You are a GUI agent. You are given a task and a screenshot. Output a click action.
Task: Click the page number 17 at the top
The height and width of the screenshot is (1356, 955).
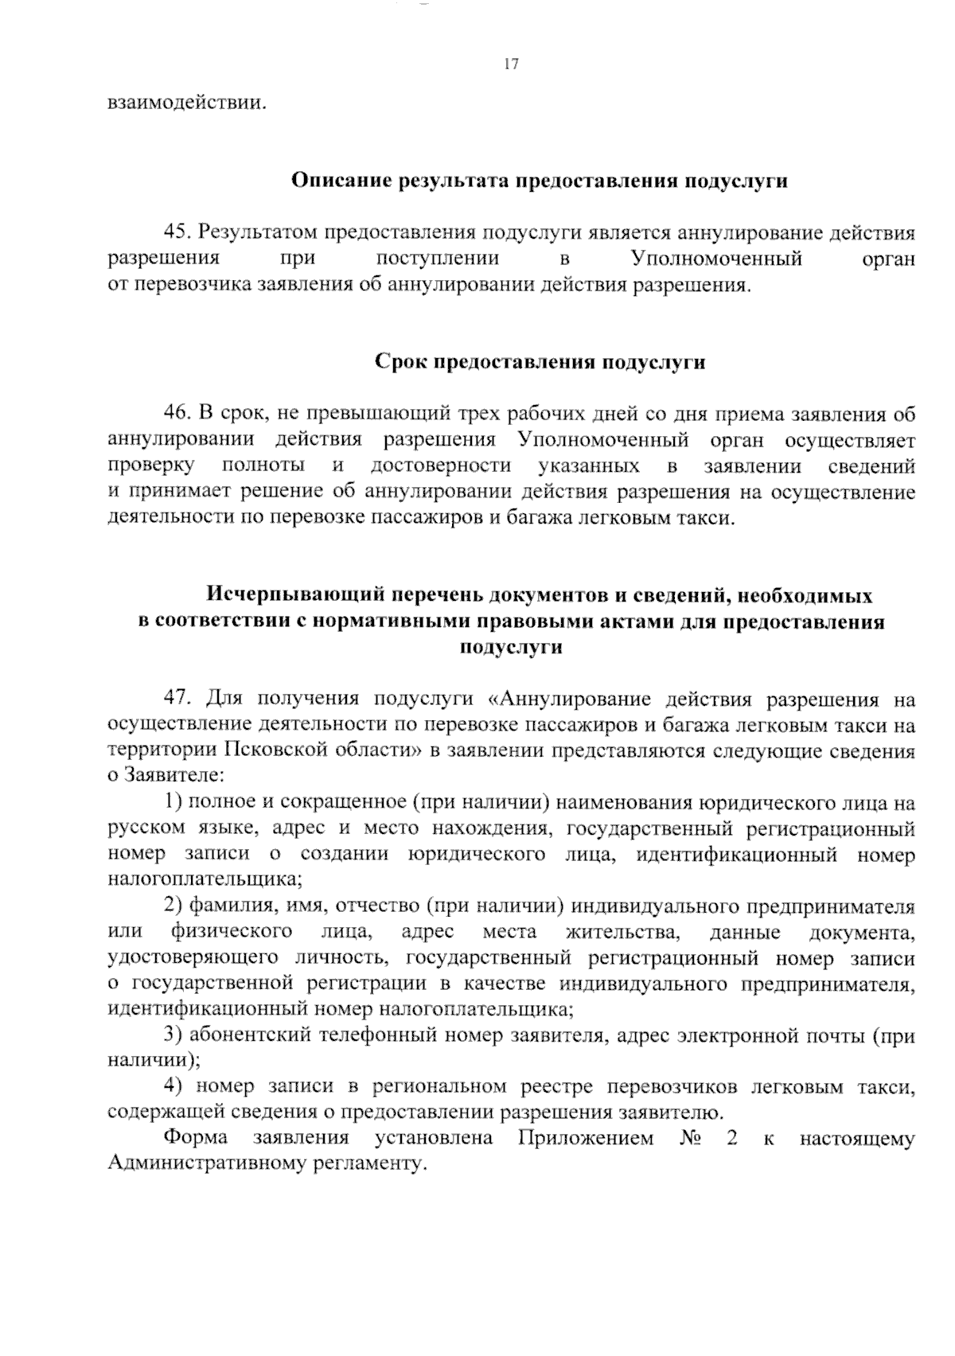pyautogui.click(x=511, y=65)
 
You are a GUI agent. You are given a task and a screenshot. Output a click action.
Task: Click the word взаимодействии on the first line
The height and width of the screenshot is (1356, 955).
pyautogui.click(x=185, y=103)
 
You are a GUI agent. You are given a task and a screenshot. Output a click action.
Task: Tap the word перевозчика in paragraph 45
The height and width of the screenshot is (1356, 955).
pyautogui.click(x=177, y=285)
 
